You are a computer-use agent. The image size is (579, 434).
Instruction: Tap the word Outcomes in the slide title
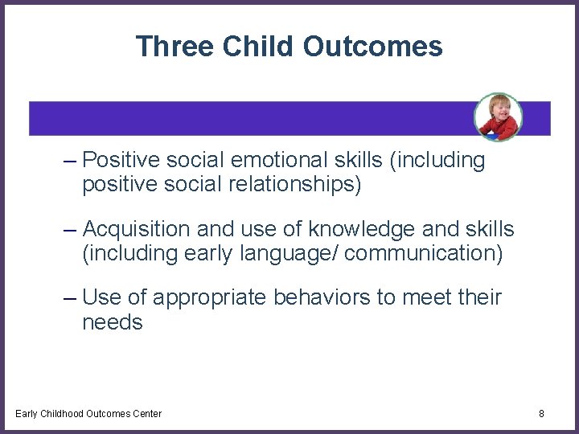click(x=373, y=47)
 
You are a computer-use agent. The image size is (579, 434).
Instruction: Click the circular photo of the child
click(x=498, y=117)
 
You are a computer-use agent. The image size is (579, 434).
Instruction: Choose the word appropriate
click(x=211, y=299)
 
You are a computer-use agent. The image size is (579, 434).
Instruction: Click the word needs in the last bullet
click(x=113, y=323)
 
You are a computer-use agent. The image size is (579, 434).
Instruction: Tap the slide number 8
click(x=541, y=414)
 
